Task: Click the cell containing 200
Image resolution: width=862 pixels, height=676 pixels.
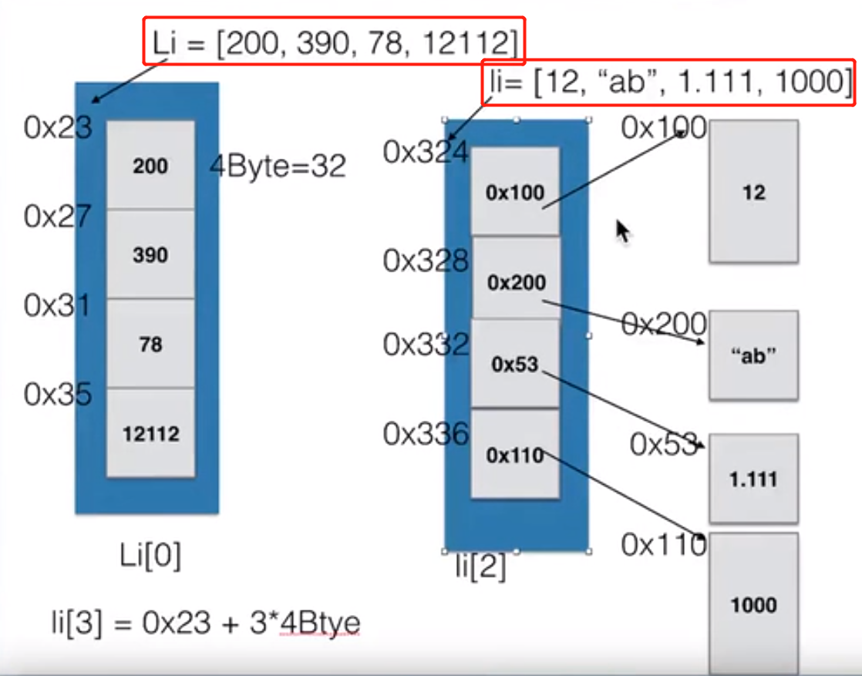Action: pyautogui.click(x=150, y=165)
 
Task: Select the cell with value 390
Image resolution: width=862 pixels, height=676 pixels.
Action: pyautogui.click(x=150, y=254)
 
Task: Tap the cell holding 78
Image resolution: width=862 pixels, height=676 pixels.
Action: pyautogui.click(x=150, y=344)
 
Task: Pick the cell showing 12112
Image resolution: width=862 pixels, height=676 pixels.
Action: pyautogui.click(x=150, y=433)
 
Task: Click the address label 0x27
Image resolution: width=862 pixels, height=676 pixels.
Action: pyautogui.click(x=57, y=217)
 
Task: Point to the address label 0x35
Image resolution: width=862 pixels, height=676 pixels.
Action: pyautogui.click(x=57, y=395)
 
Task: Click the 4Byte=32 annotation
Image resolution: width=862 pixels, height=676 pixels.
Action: pyautogui.click(x=278, y=166)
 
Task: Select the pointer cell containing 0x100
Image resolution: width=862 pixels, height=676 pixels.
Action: pyautogui.click(x=515, y=192)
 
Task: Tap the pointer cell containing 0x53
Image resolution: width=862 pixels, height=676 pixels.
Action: pyautogui.click(x=515, y=364)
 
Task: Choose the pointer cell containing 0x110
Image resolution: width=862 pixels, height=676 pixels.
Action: pyautogui.click(x=515, y=455)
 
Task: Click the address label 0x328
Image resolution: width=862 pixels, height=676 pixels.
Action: pyautogui.click(x=426, y=262)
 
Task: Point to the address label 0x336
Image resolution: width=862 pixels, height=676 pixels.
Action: pyautogui.click(x=426, y=435)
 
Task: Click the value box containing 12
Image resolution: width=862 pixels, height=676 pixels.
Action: pyautogui.click(x=753, y=191)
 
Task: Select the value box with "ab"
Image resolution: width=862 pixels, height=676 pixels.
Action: pyautogui.click(x=753, y=355)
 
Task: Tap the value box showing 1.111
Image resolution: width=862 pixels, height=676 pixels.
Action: pyautogui.click(x=753, y=479)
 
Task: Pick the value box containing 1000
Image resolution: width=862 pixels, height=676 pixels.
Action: pyautogui.click(x=753, y=604)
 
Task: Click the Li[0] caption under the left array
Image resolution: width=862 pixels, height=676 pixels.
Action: pyautogui.click(x=150, y=556)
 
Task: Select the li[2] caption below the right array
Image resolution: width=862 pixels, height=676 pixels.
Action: pyautogui.click(x=480, y=567)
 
